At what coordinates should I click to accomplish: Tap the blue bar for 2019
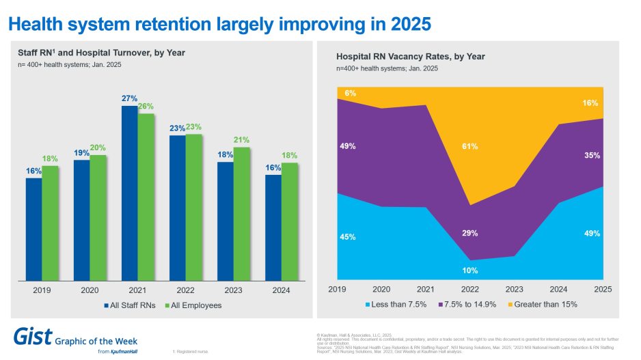pyautogui.click(x=33, y=229)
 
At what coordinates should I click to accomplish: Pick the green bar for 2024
pyautogui.click(x=290, y=221)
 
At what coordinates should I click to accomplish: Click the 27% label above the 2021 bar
pyautogui.click(x=130, y=99)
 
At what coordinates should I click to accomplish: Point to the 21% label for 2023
pyautogui.click(x=242, y=140)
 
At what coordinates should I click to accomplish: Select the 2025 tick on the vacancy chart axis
pyautogui.click(x=603, y=290)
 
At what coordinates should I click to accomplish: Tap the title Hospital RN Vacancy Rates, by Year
pyautogui.click(x=410, y=57)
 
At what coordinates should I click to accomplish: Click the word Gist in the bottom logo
pyautogui.click(x=31, y=336)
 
